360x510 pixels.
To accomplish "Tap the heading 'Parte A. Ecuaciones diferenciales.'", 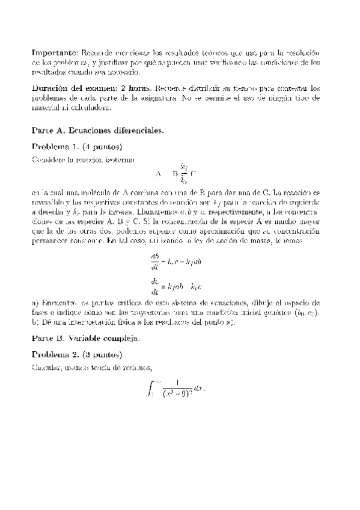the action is (99, 129).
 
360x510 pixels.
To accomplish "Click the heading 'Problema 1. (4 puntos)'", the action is (77, 147).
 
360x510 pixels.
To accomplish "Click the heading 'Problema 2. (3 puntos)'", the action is (77, 355).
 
